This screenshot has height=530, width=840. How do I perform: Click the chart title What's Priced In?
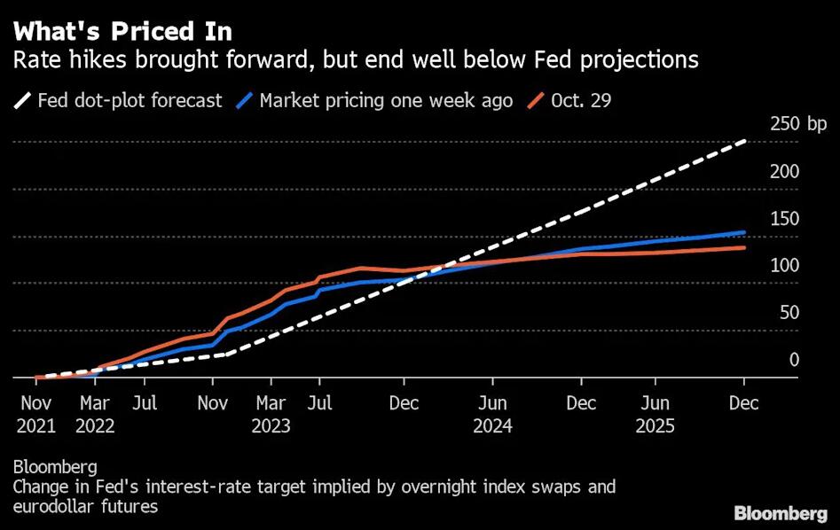click(x=122, y=32)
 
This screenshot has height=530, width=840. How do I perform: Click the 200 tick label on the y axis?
click(x=783, y=172)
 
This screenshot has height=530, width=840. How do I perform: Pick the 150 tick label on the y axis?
click(x=783, y=219)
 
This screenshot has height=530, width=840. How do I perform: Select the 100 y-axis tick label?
click(x=783, y=266)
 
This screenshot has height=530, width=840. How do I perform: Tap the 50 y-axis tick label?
click(x=788, y=313)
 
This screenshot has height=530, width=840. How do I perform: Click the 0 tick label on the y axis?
click(x=794, y=360)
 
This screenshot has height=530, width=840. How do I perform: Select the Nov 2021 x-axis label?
click(x=35, y=414)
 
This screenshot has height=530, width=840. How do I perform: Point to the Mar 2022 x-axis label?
click(x=95, y=414)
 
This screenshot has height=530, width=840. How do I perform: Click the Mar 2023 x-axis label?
click(x=271, y=414)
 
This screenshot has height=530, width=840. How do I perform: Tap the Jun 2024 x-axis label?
click(x=492, y=414)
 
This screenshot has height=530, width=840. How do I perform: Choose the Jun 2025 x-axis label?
click(x=656, y=414)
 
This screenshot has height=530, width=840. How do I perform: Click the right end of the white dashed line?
click(x=743, y=141)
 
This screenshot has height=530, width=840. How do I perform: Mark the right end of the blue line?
click(x=743, y=232)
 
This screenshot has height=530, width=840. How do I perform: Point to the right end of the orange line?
click(x=743, y=247)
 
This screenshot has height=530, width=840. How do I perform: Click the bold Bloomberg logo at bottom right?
click(x=781, y=513)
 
